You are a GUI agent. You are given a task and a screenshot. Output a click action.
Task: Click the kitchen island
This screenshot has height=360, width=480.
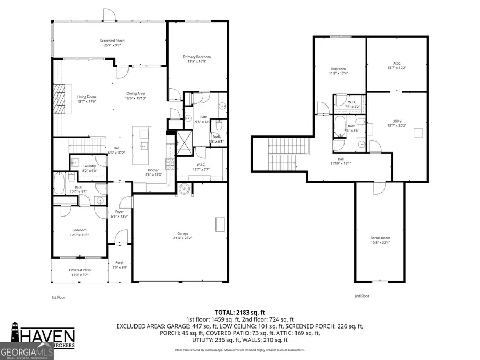[142, 145]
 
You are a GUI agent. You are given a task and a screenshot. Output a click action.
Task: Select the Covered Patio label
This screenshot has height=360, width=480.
[79, 273]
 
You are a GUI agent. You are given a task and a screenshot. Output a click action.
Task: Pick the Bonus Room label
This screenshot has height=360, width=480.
[380, 241]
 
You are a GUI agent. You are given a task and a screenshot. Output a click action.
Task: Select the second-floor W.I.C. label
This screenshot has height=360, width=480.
[352, 103]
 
